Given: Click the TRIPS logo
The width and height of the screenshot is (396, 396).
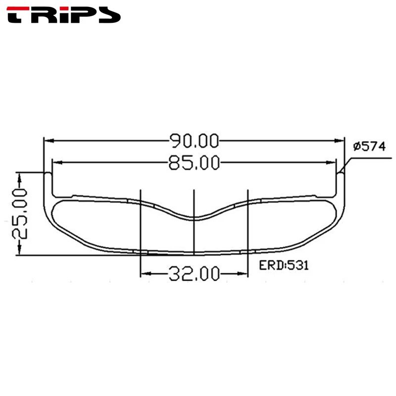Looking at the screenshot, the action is pos(63,15).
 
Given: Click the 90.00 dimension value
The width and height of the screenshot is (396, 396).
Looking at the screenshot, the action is pos(194,141).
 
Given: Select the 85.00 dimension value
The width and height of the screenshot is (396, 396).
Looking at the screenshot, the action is pos(194,163).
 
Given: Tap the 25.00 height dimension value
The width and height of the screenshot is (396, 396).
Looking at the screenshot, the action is pos(20,214).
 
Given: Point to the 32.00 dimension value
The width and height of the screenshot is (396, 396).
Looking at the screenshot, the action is pos(194,274).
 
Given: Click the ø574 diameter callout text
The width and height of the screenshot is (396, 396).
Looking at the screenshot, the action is pos(369,147).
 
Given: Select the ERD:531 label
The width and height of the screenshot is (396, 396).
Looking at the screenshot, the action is pos(284,265).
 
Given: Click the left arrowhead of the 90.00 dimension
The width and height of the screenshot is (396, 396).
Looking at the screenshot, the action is pos(49,141).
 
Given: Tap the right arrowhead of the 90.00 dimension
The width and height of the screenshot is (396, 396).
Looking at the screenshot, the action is pos(339,141).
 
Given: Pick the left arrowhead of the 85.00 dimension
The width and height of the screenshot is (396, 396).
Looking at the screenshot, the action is pos(57,163).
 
